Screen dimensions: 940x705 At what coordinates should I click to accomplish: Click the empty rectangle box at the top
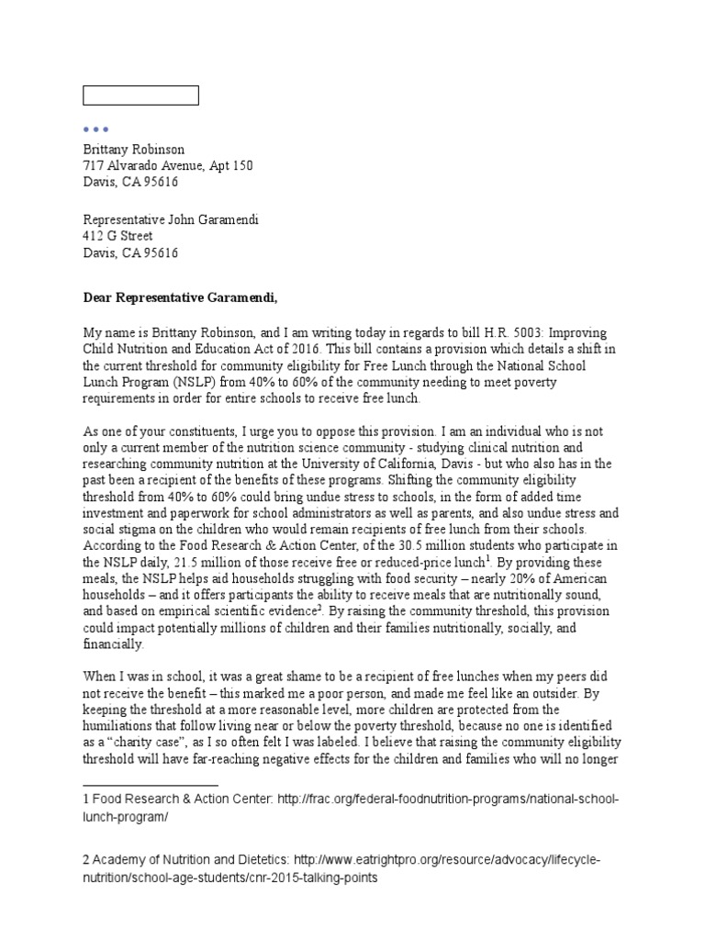(140, 95)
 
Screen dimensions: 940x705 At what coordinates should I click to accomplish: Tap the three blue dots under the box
(96, 129)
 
